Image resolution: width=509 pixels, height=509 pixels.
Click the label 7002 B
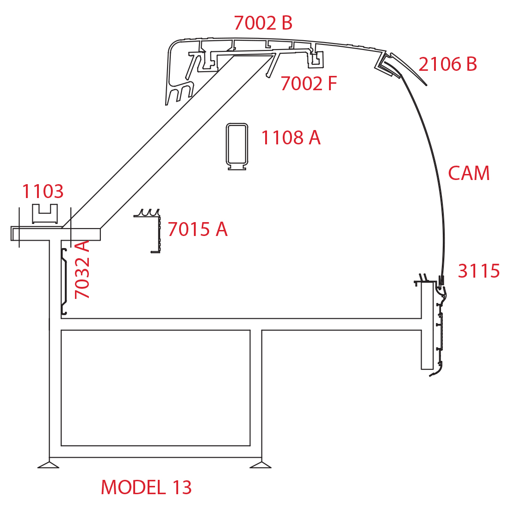[263, 23]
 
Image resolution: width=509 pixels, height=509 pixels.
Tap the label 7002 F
[309, 83]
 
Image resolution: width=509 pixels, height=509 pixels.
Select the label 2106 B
[447, 64]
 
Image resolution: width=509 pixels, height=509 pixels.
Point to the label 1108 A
[291, 137]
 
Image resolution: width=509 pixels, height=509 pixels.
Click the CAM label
[469, 173]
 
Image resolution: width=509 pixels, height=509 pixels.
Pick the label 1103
[43, 191]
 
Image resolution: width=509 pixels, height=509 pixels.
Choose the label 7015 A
[198, 229]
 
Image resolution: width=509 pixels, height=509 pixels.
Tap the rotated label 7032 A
[82, 269]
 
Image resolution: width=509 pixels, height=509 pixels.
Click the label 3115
[478, 271]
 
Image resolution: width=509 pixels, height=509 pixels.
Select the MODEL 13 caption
[146, 487]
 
